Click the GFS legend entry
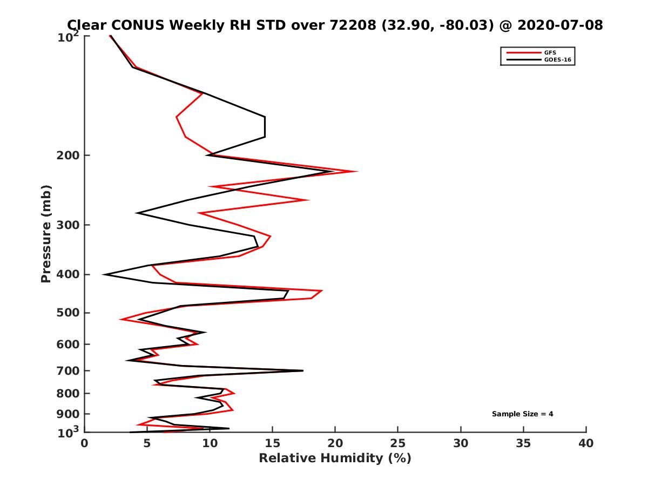(x=550, y=52)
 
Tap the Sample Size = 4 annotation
(x=522, y=414)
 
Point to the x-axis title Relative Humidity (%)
(x=335, y=458)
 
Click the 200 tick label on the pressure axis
(x=70, y=156)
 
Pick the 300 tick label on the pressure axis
(x=70, y=225)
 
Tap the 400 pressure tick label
(x=70, y=274)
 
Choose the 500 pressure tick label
(x=70, y=313)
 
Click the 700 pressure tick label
(x=70, y=370)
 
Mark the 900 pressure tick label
(x=70, y=414)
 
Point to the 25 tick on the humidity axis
(x=398, y=443)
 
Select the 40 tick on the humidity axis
(x=586, y=443)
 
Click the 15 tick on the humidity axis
(x=273, y=443)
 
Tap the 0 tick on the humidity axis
(x=85, y=443)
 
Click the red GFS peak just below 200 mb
(x=357, y=172)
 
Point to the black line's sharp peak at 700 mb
(x=303, y=370)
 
